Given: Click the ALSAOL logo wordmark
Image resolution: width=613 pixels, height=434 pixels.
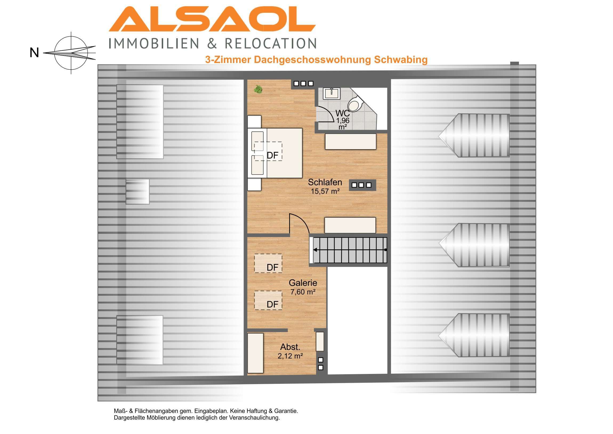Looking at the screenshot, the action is tap(212, 19).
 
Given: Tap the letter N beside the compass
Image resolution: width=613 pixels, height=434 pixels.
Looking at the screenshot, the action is tap(34, 53).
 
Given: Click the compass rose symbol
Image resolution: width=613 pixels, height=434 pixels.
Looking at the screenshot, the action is tap(71, 53).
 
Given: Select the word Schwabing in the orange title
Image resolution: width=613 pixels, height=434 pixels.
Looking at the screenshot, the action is tap(401, 59).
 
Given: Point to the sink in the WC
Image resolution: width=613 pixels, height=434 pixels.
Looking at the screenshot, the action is tap(331, 94).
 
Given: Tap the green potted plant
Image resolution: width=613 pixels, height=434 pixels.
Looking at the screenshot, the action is tap(258, 89).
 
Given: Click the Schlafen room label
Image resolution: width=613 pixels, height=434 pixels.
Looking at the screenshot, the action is tap(325, 182).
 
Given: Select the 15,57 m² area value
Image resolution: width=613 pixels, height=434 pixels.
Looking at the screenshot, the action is tap(325, 191).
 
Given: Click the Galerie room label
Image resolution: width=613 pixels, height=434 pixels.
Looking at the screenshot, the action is tap(303, 283).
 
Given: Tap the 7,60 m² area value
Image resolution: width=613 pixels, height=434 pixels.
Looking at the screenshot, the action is tap(303, 292).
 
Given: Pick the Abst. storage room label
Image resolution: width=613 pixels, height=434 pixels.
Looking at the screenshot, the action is tap(290, 347).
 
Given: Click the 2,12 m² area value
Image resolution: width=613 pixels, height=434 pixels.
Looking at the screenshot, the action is tap(290, 356).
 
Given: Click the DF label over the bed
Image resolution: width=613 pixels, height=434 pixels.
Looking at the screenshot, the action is tap(273, 155).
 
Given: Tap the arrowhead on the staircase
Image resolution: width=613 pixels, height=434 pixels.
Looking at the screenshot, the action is tap(315, 250).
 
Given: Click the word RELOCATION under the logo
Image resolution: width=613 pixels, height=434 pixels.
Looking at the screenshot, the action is tap(271, 44).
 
